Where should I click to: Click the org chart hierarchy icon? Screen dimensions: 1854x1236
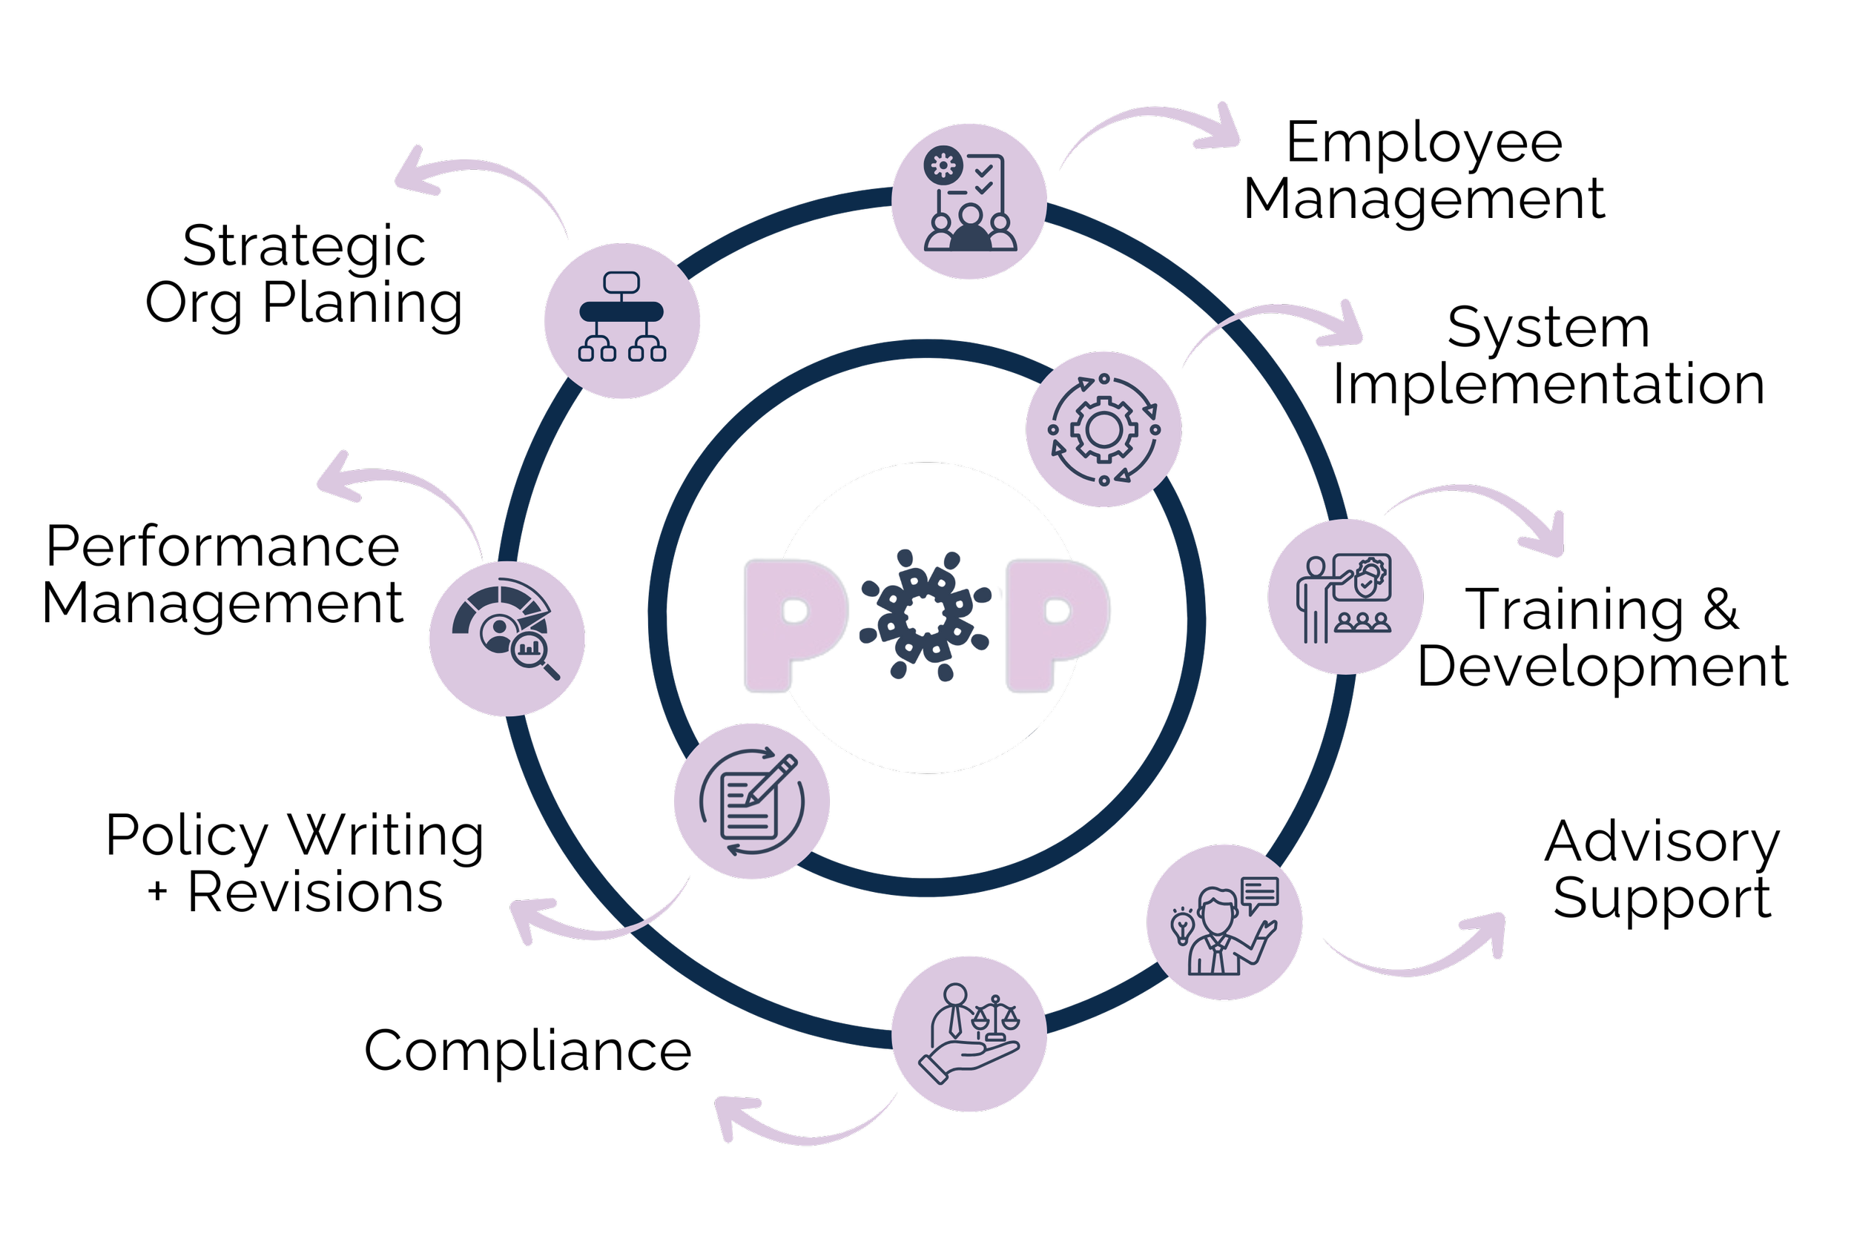(x=622, y=320)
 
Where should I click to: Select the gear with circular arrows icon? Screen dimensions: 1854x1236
(x=1104, y=429)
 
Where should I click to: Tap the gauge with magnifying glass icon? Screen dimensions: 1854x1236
(x=507, y=638)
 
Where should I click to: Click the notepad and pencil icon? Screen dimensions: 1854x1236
(x=752, y=801)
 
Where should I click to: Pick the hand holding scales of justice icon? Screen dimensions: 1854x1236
(x=969, y=1034)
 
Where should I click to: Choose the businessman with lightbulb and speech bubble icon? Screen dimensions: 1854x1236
(x=1224, y=922)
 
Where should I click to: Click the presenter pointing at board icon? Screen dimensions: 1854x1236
(x=1345, y=597)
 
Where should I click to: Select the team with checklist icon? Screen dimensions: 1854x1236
(x=969, y=201)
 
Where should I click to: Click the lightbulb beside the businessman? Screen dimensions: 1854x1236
(x=1181, y=926)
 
